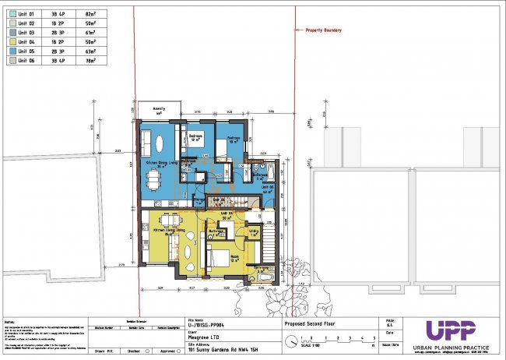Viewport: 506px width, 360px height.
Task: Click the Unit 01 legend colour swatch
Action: coord(12,14)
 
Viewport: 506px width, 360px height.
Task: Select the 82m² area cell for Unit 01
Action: coord(90,14)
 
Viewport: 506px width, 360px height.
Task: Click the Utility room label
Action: coord(254,231)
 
